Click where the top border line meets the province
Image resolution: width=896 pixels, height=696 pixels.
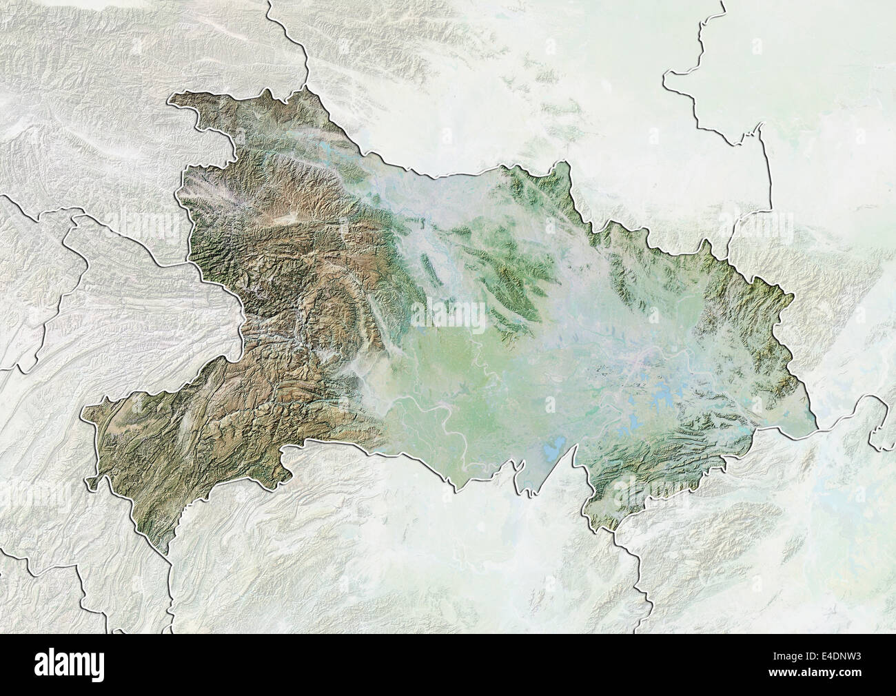(x=305, y=86)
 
